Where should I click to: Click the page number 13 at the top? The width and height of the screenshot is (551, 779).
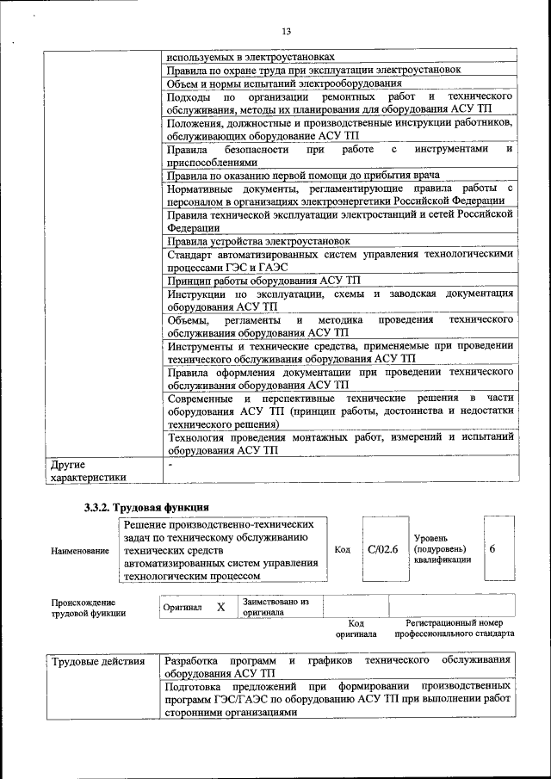click(286, 32)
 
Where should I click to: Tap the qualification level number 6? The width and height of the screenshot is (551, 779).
click(492, 549)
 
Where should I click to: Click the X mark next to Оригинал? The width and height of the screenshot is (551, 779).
click(220, 607)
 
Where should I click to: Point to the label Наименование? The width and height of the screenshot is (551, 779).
click(79, 550)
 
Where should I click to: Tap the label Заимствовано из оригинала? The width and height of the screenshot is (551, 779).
click(275, 607)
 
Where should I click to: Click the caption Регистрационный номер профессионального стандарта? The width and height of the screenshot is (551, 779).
click(454, 628)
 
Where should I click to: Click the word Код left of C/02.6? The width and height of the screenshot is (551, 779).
click(342, 549)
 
